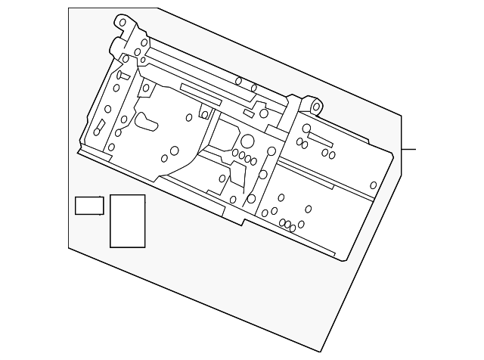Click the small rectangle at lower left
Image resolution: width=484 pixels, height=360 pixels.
click(x=89, y=205)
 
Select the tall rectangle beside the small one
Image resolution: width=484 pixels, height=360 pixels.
click(x=127, y=221)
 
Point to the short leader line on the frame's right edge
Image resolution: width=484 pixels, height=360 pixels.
click(x=408, y=149)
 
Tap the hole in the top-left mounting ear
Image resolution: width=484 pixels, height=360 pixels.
click(x=123, y=23)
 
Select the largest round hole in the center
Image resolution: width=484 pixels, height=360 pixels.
click(x=247, y=141)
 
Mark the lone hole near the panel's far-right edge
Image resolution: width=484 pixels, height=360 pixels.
click(x=373, y=185)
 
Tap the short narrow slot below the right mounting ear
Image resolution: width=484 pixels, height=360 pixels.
click(x=319, y=138)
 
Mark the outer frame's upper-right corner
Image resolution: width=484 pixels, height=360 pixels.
click(x=400, y=115)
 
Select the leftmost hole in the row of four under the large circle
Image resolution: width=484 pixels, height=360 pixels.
click(x=235, y=153)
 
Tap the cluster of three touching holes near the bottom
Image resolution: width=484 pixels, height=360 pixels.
click(x=287, y=225)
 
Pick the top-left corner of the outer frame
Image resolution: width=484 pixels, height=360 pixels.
click(x=69, y=8)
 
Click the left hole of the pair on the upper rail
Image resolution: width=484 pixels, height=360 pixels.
click(x=238, y=81)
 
